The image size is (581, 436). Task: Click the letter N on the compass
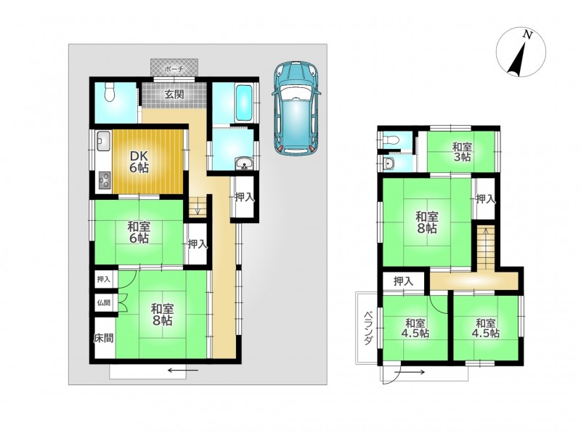(528, 35)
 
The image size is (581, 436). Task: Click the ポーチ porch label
(174, 69)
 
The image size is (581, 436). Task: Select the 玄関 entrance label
(174, 94)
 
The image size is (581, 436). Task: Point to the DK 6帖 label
(139, 161)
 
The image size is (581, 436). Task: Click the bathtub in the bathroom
(244, 102)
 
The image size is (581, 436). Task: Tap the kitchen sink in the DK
(103, 141)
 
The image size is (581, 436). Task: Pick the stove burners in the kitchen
(104, 179)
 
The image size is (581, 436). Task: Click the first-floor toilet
(110, 92)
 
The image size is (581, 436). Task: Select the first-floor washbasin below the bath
(245, 163)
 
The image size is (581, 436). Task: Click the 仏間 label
(104, 302)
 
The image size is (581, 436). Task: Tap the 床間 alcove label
(104, 338)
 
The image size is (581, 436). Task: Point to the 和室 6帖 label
(139, 232)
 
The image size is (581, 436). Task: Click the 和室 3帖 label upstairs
(462, 152)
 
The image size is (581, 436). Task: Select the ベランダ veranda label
(367, 328)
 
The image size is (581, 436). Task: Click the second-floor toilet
(391, 140)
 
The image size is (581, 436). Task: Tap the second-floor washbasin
(389, 163)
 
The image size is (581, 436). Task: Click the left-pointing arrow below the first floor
(183, 370)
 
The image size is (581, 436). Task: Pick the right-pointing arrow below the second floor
(410, 372)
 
